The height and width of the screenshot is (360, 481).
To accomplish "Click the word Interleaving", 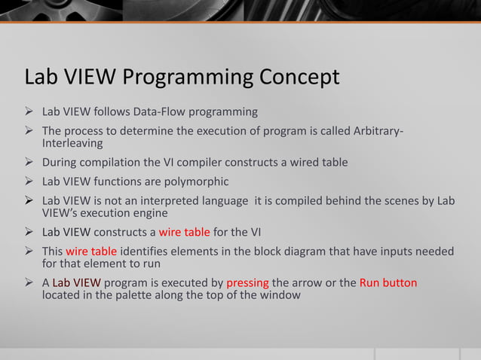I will coord(72,144).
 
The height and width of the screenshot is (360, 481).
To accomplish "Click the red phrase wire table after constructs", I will coord(185,231).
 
